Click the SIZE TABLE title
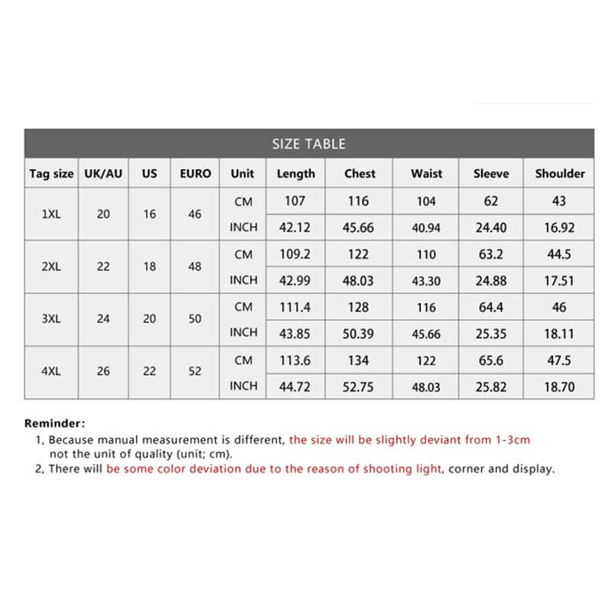tap(309, 144)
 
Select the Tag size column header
tap(51, 174)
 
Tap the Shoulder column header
tap(559, 173)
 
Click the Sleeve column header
tap(491, 173)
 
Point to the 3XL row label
tap(51, 318)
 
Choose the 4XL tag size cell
tap(51, 371)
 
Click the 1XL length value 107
tap(295, 201)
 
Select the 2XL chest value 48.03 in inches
tap(359, 280)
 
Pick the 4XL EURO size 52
tap(196, 371)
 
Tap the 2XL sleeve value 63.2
tap(491, 254)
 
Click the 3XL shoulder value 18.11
tap(559, 334)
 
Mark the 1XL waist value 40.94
tap(426, 228)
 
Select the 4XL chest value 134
tap(359, 360)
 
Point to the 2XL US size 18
tap(150, 267)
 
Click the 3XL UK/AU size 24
tap(103, 318)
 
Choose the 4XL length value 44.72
tap(295, 387)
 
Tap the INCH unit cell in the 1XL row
tap(243, 227)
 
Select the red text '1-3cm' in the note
tap(512, 440)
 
